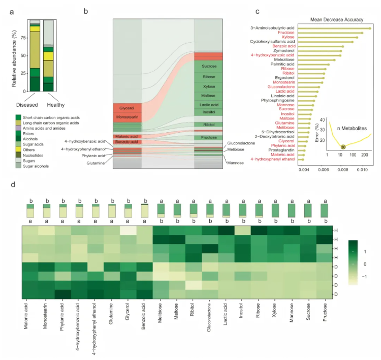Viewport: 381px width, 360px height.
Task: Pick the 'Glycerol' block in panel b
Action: click(127, 108)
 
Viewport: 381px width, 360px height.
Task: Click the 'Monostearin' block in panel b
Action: click(127, 117)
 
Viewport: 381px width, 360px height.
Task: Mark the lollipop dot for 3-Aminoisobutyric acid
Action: click(370, 28)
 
